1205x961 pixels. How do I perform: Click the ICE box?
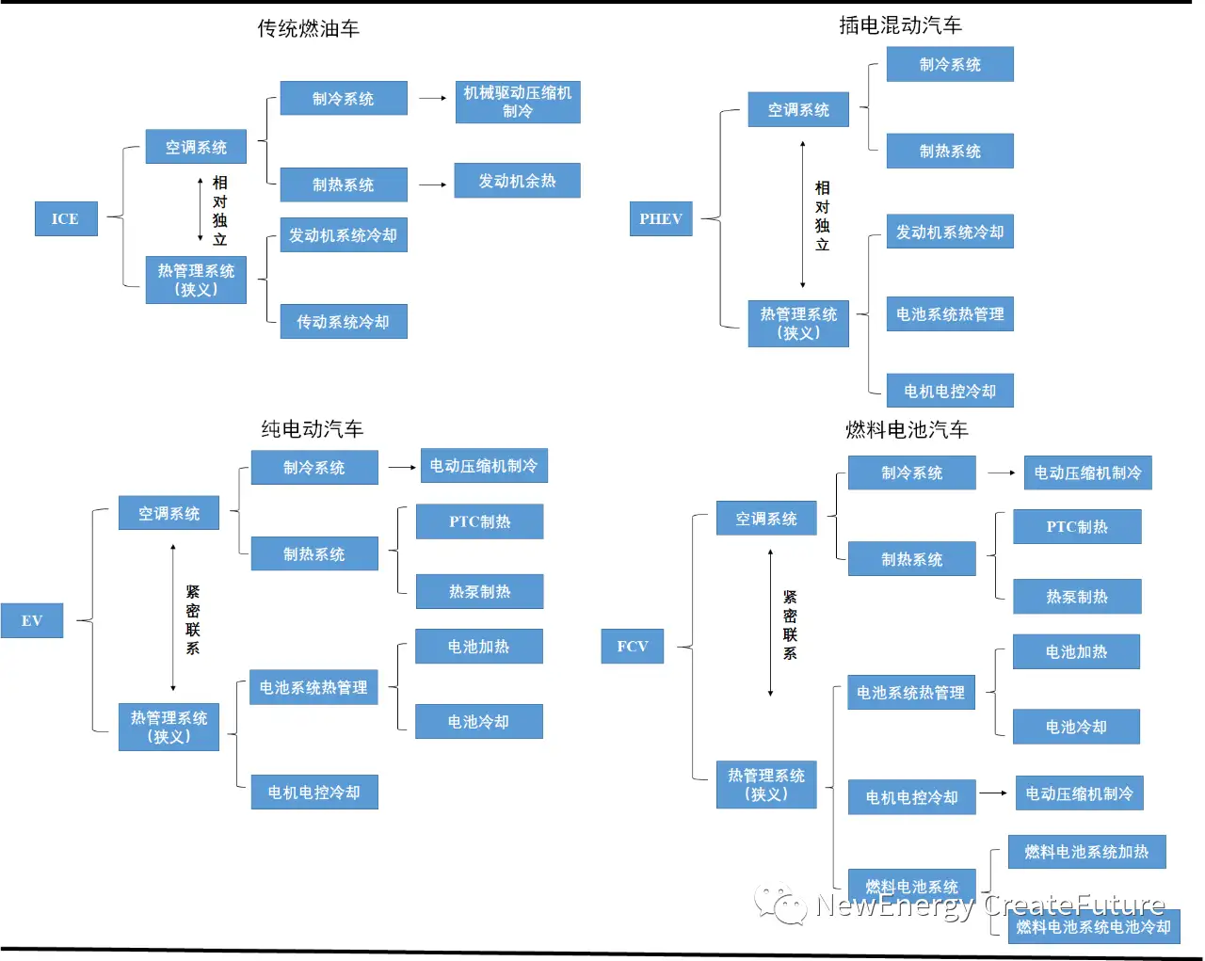click(66, 218)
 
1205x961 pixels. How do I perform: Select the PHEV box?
click(661, 218)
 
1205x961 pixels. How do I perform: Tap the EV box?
click(32, 620)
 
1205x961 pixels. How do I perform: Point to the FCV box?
click(633, 647)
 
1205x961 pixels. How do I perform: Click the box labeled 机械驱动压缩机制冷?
click(518, 102)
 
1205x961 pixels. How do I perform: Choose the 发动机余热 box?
click(517, 181)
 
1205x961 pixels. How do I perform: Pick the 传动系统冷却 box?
click(344, 322)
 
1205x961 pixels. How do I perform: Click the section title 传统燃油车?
click(309, 29)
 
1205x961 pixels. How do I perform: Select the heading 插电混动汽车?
click(901, 25)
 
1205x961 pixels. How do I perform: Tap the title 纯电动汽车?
click(313, 429)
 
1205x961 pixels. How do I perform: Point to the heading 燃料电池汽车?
click(907, 430)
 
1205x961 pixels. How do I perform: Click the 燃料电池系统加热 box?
click(1087, 852)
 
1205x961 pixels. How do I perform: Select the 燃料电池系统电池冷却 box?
click(1094, 927)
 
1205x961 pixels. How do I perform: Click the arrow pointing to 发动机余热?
click(432, 184)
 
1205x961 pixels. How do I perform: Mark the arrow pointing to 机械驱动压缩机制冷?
click(432, 98)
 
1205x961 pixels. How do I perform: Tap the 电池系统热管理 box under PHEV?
click(950, 314)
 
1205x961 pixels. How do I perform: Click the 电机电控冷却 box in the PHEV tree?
click(950, 391)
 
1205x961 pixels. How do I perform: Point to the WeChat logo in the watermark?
click(780, 905)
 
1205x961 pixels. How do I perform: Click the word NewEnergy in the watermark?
click(894, 905)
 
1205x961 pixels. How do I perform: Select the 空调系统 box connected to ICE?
click(196, 147)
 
